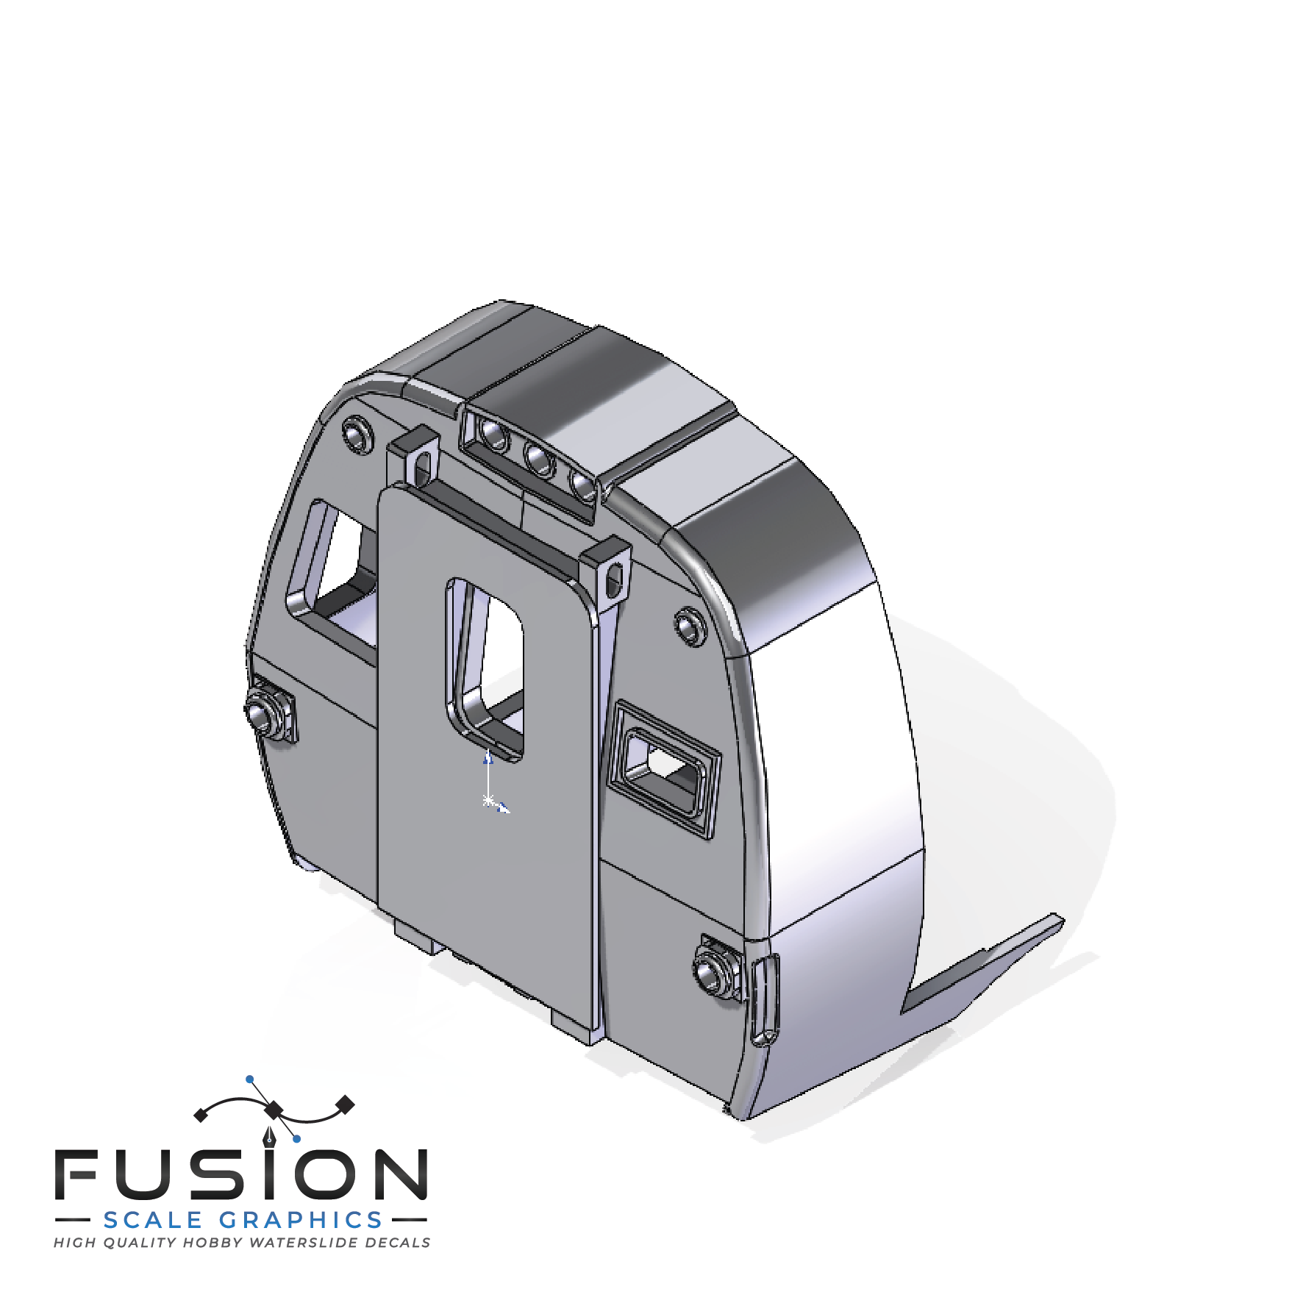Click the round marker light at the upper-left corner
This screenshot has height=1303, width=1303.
pos(358,433)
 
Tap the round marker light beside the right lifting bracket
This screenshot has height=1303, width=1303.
pos(690,627)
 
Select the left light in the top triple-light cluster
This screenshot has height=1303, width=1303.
pos(494,435)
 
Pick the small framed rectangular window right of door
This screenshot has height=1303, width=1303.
pos(663,769)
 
